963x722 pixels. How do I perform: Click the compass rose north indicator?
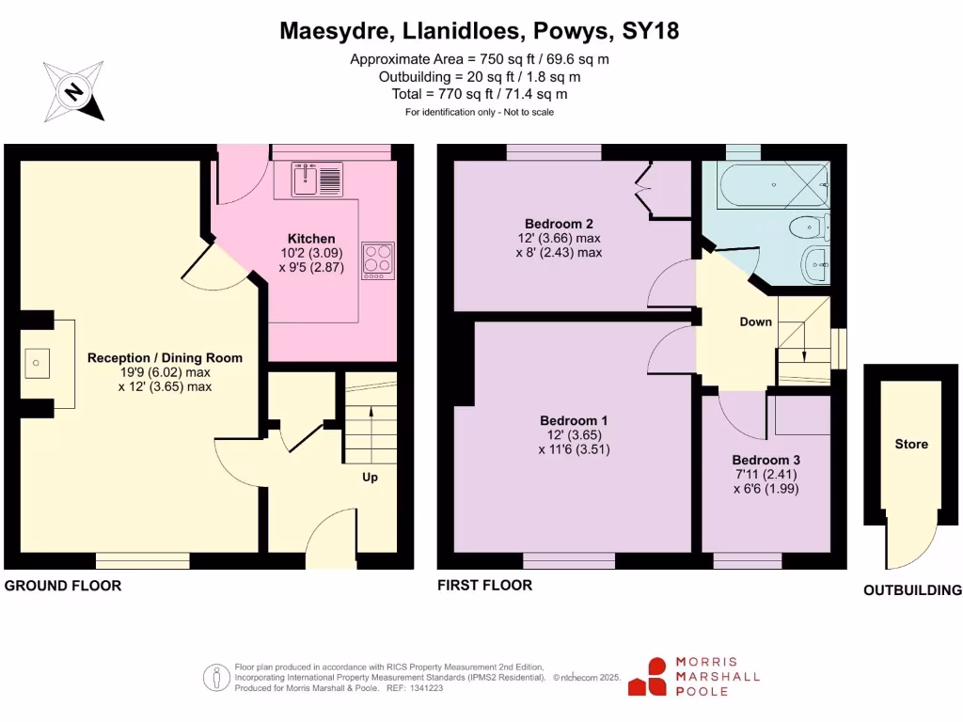tap(73, 91)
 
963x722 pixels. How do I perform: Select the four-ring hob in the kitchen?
tap(378, 261)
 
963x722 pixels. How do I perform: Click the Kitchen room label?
tap(311, 239)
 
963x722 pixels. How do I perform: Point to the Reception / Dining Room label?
tap(165, 358)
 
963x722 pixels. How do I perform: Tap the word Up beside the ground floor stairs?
tap(370, 477)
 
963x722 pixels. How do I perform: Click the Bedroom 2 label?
tap(559, 224)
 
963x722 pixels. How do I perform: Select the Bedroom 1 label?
tap(574, 420)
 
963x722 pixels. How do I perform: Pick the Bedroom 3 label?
tap(766, 460)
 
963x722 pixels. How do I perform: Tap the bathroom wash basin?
tap(815, 264)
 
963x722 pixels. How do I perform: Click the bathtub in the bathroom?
tap(773, 184)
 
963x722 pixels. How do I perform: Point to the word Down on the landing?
tap(755, 322)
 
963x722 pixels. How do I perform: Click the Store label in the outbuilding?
tap(911, 444)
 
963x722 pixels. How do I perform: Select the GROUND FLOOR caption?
tap(63, 586)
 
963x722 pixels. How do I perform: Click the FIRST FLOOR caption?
tap(484, 585)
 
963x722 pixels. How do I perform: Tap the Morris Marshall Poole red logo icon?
tap(647, 677)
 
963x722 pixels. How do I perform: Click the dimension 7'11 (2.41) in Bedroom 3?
tap(766, 475)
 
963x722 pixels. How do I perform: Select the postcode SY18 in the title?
tap(651, 31)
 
